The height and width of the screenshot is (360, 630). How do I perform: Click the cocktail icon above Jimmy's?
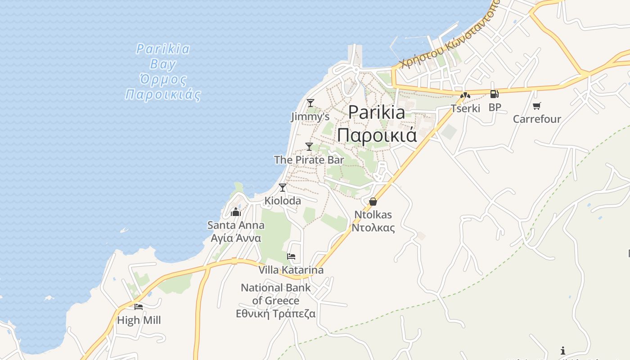point(310,103)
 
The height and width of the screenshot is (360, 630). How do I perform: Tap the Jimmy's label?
point(310,117)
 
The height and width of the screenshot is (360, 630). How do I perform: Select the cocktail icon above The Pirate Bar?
point(309,146)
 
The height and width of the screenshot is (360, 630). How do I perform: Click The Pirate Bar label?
point(309,160)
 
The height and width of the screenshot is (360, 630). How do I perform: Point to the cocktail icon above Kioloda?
point(283,187)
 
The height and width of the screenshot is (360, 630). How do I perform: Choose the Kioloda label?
point(283,201)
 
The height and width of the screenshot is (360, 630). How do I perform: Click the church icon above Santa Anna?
point(236,212)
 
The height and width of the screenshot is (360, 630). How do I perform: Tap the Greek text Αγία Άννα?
point(236,238)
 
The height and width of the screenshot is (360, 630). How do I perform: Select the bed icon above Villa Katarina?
point(291,257)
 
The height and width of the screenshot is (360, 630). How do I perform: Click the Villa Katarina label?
point(291,270)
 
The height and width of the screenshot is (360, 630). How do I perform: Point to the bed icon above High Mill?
point(139,307)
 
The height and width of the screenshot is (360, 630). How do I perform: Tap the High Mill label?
point(139,320)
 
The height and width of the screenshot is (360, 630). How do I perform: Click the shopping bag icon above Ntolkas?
point(373,201)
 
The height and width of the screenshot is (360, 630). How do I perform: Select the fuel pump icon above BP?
point(494,94)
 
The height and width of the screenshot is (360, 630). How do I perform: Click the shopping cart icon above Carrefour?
point(536,106)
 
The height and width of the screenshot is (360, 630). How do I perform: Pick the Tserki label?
point(466,108)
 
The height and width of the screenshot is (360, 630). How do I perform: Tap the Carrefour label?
point(537,119)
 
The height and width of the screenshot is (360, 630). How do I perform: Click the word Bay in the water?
point(163,64)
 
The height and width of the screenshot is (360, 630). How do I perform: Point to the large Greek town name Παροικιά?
point(377,135)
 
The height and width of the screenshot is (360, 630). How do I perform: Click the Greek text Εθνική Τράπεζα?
point(276,314)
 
